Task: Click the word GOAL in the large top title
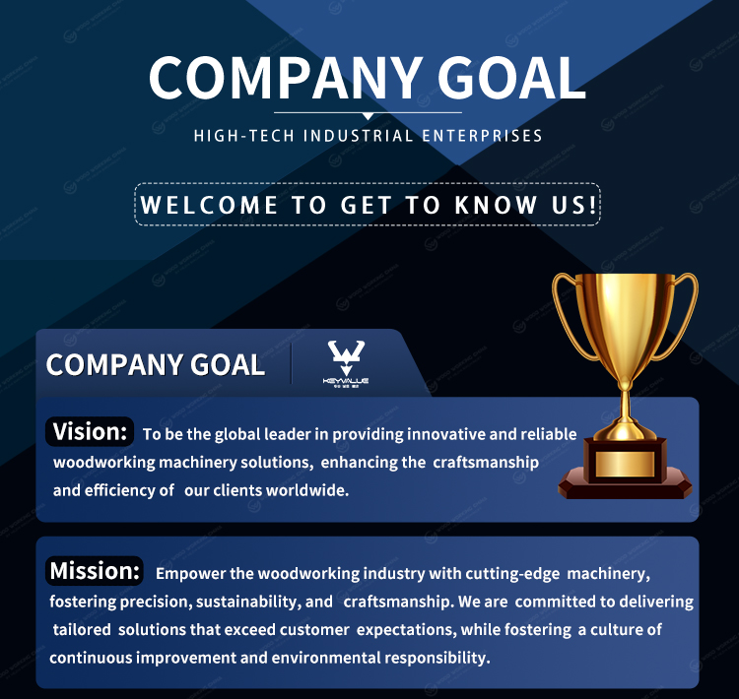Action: pos(511,78)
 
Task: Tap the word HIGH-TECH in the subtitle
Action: pos(244,136)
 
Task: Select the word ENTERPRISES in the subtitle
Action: pos(482,136)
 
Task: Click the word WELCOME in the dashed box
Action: pos(209,205)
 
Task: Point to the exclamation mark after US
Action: pos(593,205)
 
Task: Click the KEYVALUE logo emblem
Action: pos(346,362)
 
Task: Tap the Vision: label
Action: pos(90,431)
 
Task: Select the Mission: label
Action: pos(95,570)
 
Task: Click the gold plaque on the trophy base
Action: pos(625,464)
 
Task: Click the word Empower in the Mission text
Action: pos(190,574)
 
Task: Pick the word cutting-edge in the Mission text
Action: pos(512,574)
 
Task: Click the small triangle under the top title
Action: pos(369,116)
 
